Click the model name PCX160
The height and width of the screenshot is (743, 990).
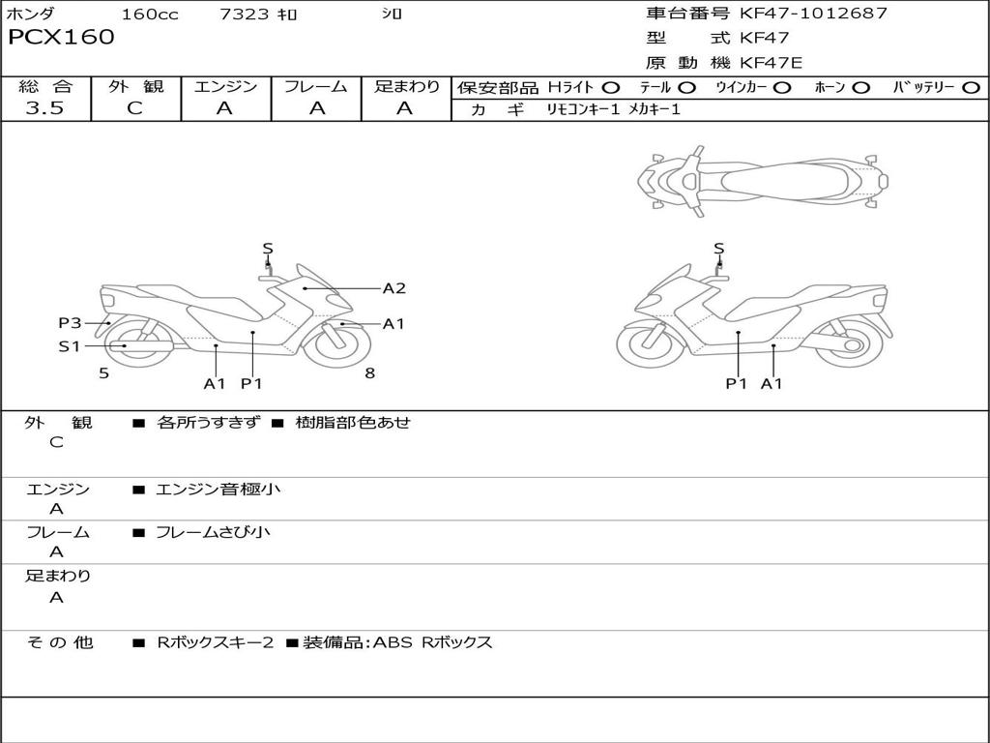[61, 38]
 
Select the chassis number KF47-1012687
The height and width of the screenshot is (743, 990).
[813, 14]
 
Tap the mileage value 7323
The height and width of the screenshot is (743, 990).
[245, 15]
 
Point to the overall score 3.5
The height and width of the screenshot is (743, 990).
[44, 108]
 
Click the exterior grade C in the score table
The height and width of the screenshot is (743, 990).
[134, 108]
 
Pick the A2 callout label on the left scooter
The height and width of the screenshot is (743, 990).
[393, 288]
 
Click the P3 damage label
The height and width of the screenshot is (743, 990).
[70, 323]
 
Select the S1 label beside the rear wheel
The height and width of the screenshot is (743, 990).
[70, 346]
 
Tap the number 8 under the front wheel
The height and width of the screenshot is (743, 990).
[369, 372]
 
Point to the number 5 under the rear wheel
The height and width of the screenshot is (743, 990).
[103, 372]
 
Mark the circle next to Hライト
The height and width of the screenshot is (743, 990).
[611, 88]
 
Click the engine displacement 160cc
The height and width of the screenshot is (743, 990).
[150, 15]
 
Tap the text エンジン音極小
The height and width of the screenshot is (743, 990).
[218, 490]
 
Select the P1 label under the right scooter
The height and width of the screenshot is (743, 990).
[738, 384]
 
